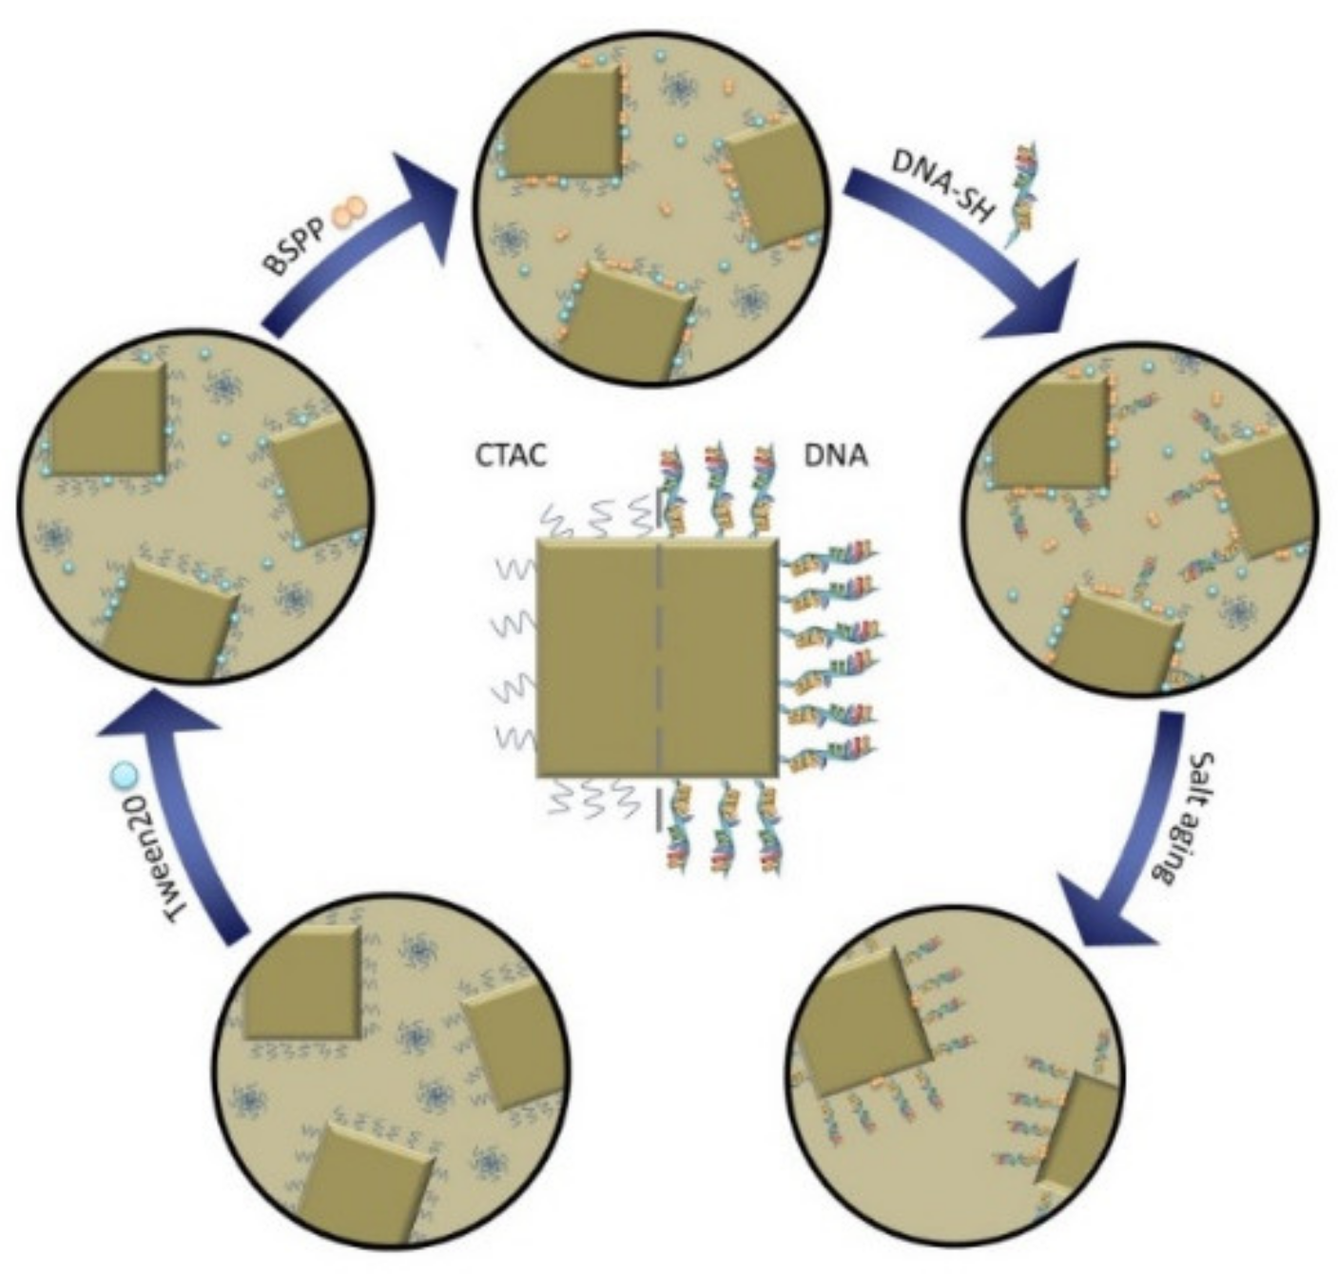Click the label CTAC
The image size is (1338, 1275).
tap(511, 455)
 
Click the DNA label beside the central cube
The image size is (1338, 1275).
tap(836, 455)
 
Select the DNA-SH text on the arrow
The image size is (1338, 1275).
tap(942, 185)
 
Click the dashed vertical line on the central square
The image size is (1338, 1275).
tap(658, 656)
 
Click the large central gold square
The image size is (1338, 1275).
tap(658, 656)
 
